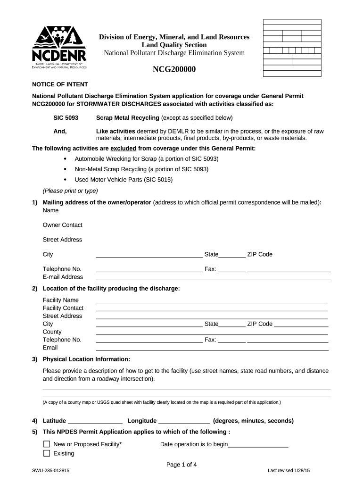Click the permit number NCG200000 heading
174,70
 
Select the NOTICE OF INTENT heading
60,84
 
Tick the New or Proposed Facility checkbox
47,444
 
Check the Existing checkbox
47,453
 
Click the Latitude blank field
95,421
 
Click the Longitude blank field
184,421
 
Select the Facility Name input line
212,300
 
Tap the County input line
212,332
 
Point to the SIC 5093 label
66,118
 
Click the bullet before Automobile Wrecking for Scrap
65,159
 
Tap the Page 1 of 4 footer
181,465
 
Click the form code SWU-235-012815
51,471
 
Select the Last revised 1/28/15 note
291,471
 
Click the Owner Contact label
62,225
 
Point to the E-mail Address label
63,277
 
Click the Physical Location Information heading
86,359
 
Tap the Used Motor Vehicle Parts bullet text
124,180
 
